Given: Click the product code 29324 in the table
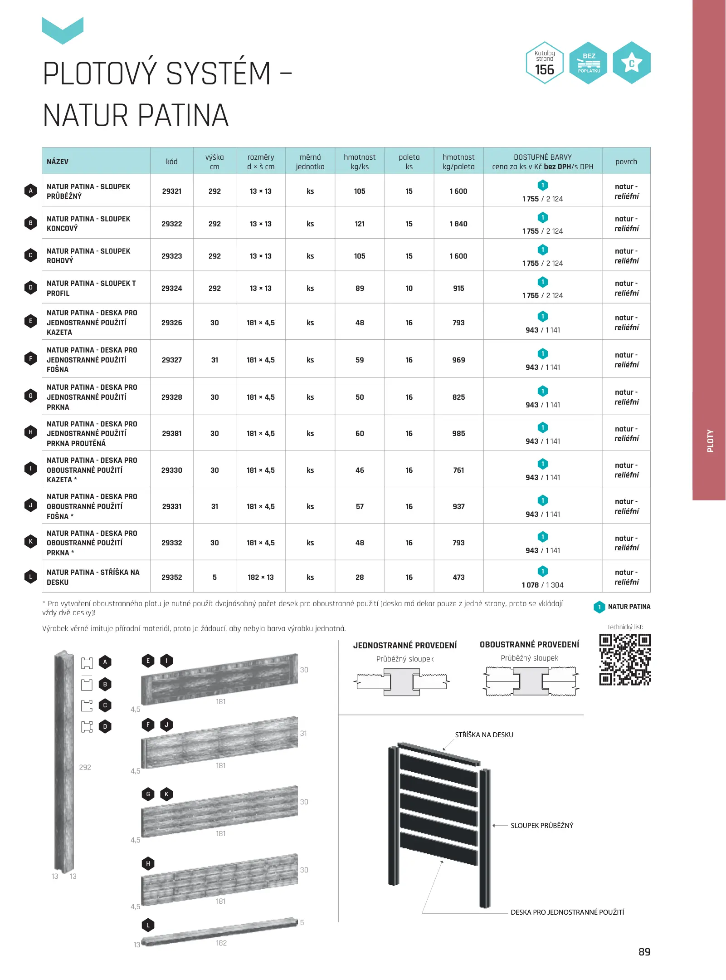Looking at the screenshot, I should pyautogui.click(x=171, y=288).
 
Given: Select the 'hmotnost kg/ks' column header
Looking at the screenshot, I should pyautogui.click(x=360, y=162).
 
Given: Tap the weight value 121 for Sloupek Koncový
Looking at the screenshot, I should pyautogui.click(x=360, y=224).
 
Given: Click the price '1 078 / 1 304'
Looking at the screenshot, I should pyautogui.click(x=542, y=585).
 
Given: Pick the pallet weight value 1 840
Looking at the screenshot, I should pyautogui.click(x=458, y=224).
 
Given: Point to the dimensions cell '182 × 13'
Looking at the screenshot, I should pyautogui.click(x=260, y=577).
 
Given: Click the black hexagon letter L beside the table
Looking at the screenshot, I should pyautogui.click(x=30, y=577).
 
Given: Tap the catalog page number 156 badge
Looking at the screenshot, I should pyautogui.click(x=545, y=63).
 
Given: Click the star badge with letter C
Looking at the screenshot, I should pyautogui.click(x=632, y=63).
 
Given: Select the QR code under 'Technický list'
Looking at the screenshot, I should pyautogui.click(x=625, y=659).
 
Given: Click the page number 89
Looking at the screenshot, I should pyautogui.click(x=644, y=951).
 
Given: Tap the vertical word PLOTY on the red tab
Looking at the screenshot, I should pyautogui.click(x=710, y=441).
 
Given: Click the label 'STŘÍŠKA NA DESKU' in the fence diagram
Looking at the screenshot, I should pyautogui.click(x=484, y=735).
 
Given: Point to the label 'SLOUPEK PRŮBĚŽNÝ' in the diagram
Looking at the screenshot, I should pyautogui.click(x=541, y=825).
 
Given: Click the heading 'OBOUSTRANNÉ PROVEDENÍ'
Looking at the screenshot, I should pyautogui.click(x=529, y=644).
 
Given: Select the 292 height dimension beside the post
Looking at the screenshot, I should pyautogui.click(x=85, y=767).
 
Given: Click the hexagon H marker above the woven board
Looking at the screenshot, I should pyautogui.click(x=148, y=863).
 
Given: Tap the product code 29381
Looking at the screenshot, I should pyautogui.click(x=171, y=433).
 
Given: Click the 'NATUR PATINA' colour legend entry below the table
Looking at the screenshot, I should pyautogui.click(x=629, y=607).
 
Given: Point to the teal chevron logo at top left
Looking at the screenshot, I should pyautogui.click(x=63, y=30).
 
